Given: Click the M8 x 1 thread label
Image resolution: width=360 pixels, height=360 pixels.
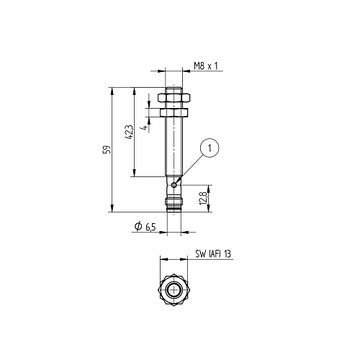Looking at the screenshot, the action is (x=206, y=66).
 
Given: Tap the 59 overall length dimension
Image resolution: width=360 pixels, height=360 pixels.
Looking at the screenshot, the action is (x=107, y=150).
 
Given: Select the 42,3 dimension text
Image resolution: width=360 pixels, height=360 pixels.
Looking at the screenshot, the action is (x=130, y=132).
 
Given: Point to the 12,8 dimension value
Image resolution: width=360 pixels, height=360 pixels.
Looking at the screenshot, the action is (x=204, y=198).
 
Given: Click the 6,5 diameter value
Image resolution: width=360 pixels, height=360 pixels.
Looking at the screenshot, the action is (x=151, y=227).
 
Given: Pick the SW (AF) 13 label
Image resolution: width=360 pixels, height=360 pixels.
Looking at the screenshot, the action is (x=214, y=254).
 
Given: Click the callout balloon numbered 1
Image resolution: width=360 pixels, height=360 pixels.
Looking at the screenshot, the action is (x=210, y=149).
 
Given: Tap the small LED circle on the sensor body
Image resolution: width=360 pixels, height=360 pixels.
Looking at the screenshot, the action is (x=174, y=185).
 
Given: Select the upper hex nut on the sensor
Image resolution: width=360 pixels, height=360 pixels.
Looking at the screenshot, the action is (x=174, y=97).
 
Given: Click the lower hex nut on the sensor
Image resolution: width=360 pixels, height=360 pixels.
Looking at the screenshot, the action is (x=174, y=113).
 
